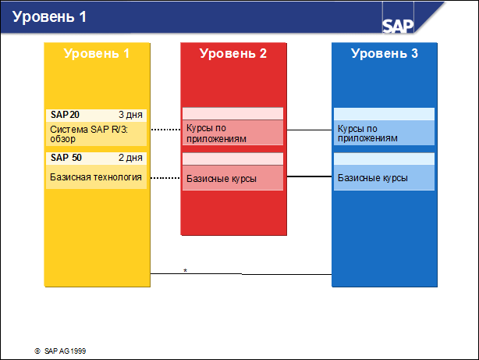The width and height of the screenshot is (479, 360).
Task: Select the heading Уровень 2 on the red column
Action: [x=233, y=54]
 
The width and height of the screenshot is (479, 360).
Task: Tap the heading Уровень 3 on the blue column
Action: [x=384, y=54]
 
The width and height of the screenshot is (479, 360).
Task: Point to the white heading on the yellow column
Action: [x=96, y=54]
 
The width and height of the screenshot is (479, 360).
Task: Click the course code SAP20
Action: [x=65, y=114]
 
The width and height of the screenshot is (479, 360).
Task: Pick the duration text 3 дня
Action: [x=130, y=114]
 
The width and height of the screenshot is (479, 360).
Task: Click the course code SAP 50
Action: [x=66, y=158]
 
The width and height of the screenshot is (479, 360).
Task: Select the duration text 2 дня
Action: [x=130, y=158]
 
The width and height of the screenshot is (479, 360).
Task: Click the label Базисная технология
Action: [x=96, y=177]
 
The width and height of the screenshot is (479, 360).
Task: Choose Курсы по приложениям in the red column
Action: [x=216, y=133]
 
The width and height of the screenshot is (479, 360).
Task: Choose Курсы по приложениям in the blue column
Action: [x=367, y=133]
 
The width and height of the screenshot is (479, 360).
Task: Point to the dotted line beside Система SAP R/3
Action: [x=165, y=130]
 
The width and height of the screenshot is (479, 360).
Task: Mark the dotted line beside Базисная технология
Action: [x=165, y=178]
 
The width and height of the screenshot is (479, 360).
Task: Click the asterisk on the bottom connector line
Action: [x=185, y=271]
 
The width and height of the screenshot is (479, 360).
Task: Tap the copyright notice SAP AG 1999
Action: [x=65, y=351]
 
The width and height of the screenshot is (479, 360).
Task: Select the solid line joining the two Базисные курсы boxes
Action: [x=307, y=177]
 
